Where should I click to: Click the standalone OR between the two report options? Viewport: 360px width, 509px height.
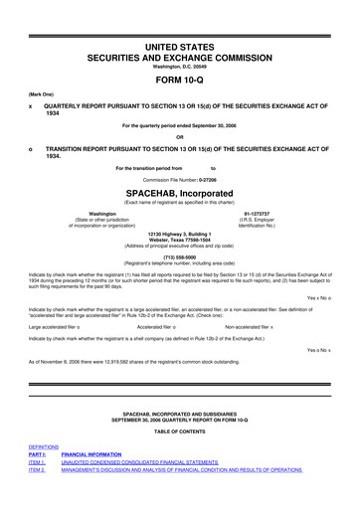(x=180, y=137)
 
